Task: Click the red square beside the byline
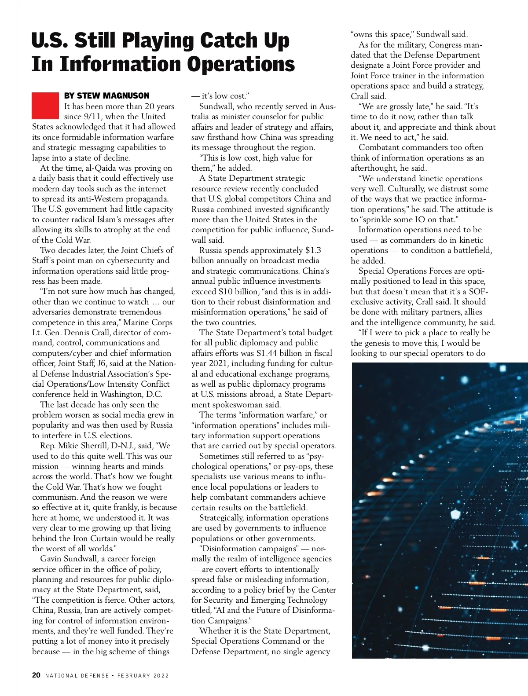click(x=45, y=106)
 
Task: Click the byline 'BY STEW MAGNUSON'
click(x=106, y=95)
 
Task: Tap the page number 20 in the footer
click(x=36, y=675)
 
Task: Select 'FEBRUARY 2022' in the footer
click(x=143, y=675)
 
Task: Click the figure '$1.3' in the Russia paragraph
click(x=313, y=250)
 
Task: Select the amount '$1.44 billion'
click(x=282, y=353)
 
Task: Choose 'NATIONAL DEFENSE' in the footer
click(x=77, y=675)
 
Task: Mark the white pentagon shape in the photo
click(x=455, y=513)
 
